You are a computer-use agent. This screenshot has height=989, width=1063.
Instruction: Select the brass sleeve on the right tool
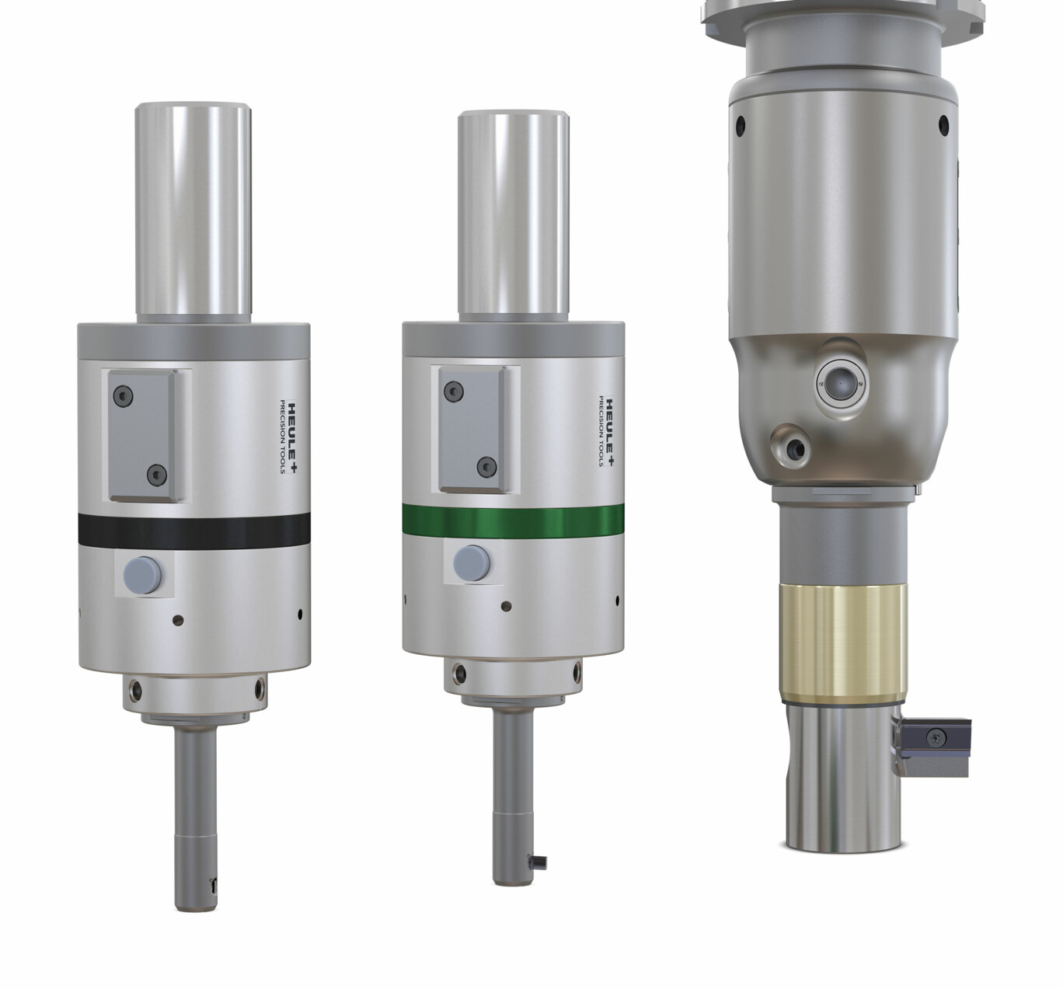pyautogui.click(x=843, y=644)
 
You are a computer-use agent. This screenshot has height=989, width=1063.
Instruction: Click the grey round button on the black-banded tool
pyautogui.click(x=142, y=573)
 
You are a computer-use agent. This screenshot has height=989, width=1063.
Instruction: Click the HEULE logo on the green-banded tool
pyautogui.click(x=606, y=431)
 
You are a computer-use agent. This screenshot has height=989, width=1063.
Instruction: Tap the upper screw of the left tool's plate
pyautogui.click(x=123, y=396)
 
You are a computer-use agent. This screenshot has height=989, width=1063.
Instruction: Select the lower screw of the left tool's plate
pyautogui.click(x=156, y=474)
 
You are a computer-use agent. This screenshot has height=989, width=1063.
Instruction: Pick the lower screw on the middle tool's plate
pyautogui.click(x=486, y=467)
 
